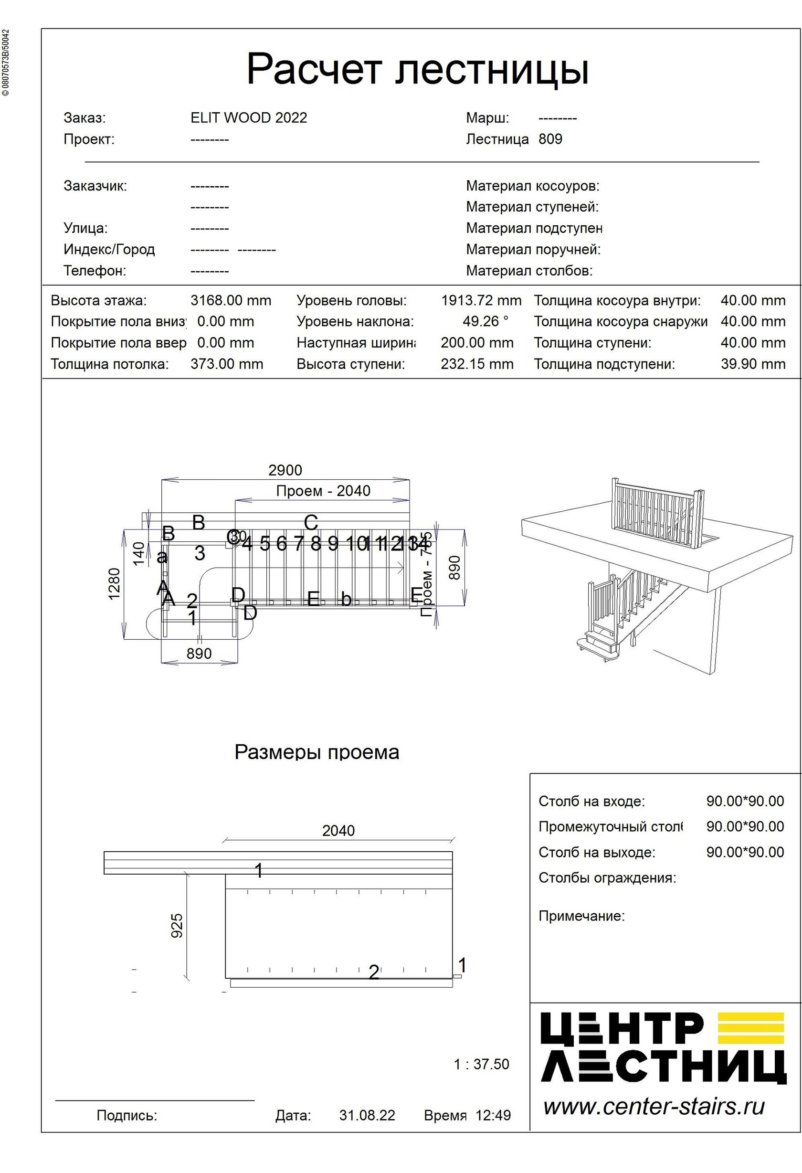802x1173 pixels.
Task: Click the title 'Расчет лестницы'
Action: [417, 69]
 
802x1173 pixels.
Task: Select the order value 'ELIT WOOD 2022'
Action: [248, 117]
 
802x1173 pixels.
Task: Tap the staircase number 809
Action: [550, 139]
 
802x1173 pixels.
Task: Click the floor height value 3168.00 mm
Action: [231, 300]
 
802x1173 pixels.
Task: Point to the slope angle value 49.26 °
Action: [485, 321]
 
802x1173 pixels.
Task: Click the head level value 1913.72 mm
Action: [481, 300]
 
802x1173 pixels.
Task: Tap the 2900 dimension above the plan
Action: [285, 470]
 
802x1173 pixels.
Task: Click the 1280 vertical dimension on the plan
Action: [115, 583]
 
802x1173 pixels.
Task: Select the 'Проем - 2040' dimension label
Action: [323, 491]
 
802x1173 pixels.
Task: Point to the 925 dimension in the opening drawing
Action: [177, 926]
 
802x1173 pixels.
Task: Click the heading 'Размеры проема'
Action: [317, 752]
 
